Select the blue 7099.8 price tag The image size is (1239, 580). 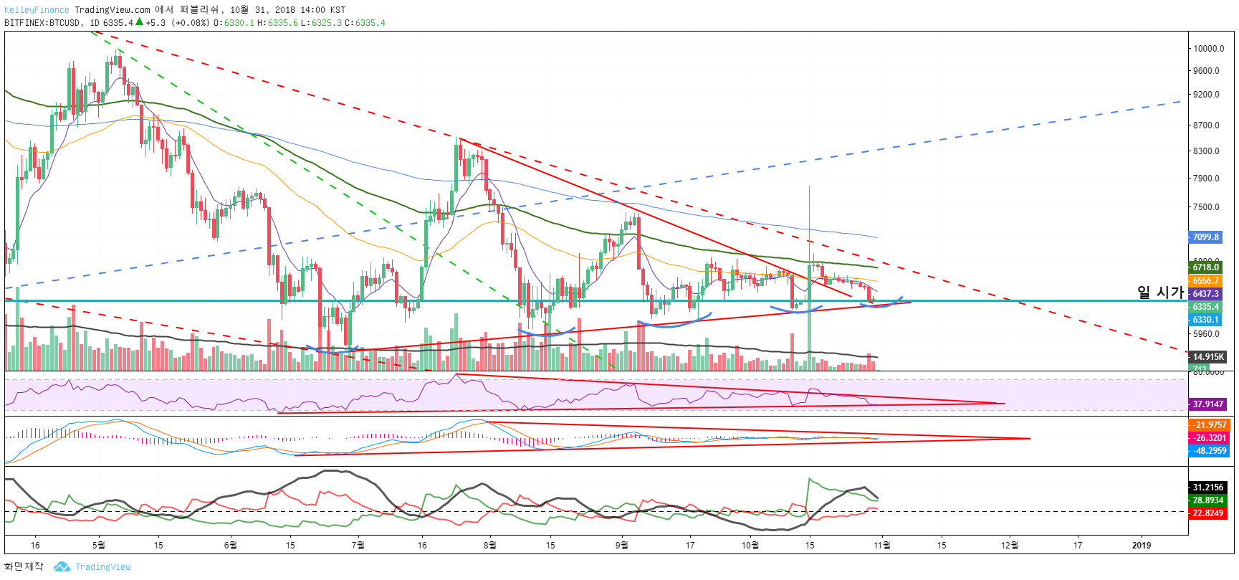1205,237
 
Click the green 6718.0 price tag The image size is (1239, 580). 1205,267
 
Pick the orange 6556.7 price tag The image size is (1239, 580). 1205,281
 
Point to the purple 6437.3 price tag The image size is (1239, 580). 1205,294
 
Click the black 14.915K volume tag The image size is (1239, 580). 1207,357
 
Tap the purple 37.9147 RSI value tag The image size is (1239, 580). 1207,404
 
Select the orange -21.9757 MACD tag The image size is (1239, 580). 1209,425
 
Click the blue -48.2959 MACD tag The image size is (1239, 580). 1209,451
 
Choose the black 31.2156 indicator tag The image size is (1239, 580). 1207,488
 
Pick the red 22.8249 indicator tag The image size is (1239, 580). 1207,513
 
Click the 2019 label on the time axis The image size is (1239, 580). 1142,546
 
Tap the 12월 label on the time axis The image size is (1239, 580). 1009,546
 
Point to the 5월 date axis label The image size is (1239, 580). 99,546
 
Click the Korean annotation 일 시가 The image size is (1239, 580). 1160,292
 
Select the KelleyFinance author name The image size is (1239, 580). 37,10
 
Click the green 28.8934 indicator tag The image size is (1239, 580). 1207,500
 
